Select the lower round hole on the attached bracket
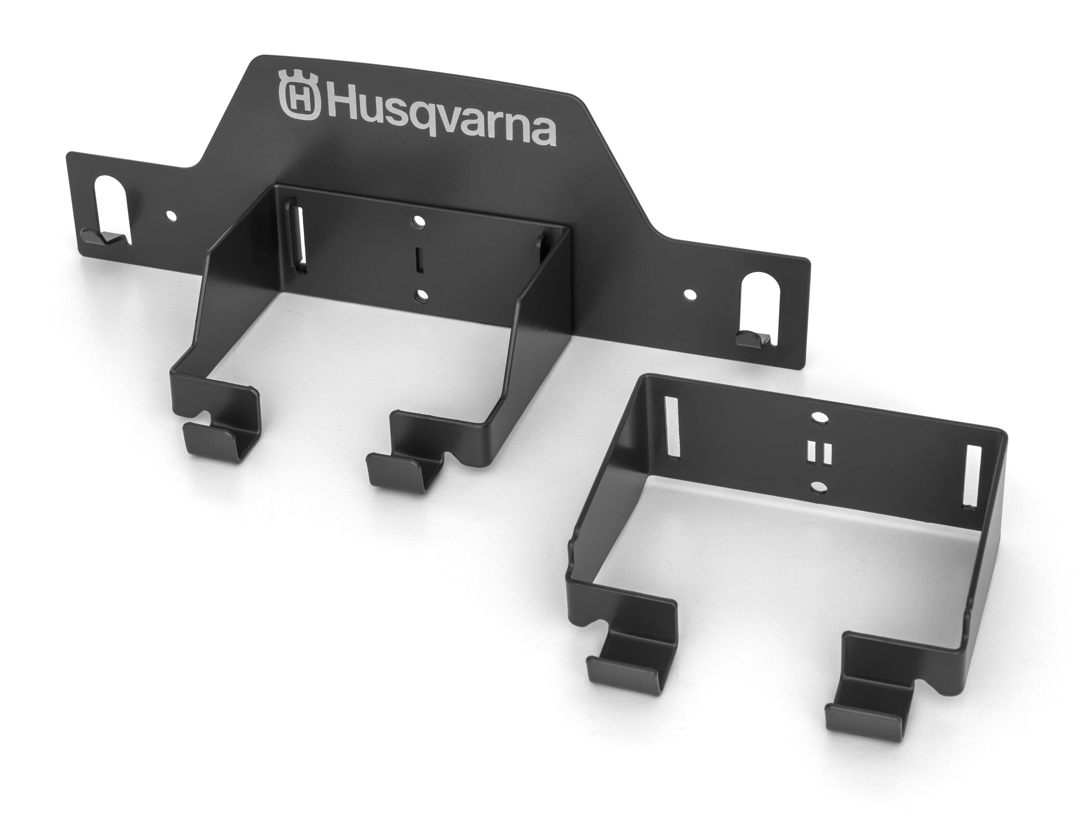pyautogui.click(x=421, y=295)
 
